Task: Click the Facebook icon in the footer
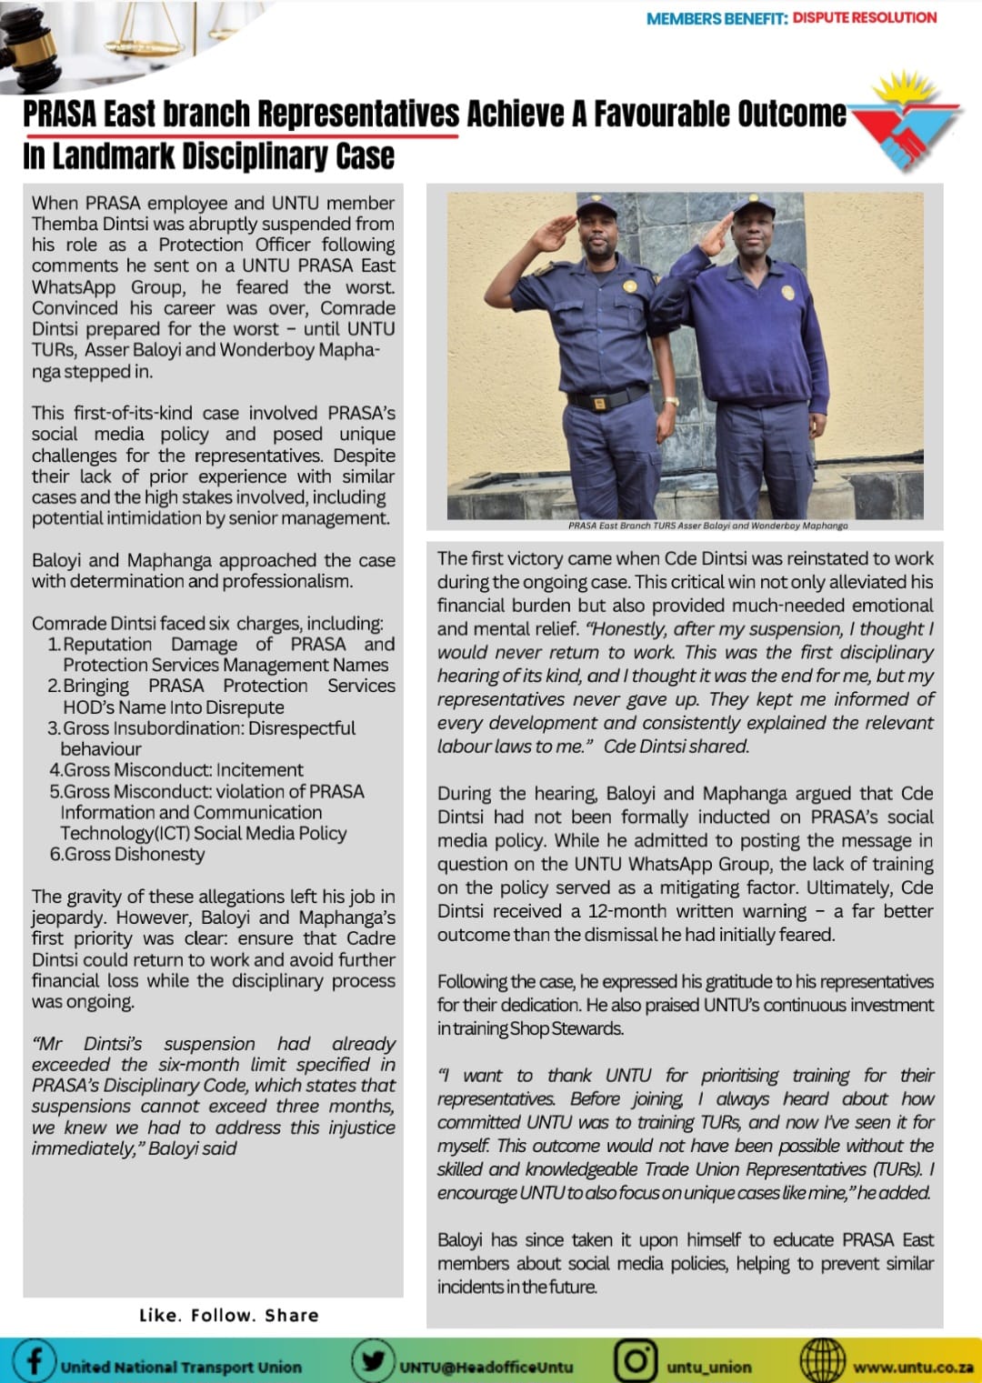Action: [x=34, y=1360]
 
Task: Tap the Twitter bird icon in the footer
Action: [x=372, y=1361]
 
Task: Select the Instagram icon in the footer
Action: [x=636, y=1361]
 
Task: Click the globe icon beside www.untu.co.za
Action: [x=822, y=1361]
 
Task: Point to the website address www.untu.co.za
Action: [x=912, y=1367]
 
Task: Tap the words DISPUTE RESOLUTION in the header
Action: [x=864, y=17]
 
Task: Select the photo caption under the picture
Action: [x=707, y=526]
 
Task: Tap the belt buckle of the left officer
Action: [x=599, y=401]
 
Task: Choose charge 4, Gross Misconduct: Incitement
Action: [x=176, y=770]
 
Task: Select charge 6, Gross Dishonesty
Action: [x=127, y=854]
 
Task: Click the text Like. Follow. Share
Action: [x=229, y=1315]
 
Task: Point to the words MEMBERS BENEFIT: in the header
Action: [x=716, y=18]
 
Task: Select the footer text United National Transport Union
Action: [x=181, y=1367]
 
